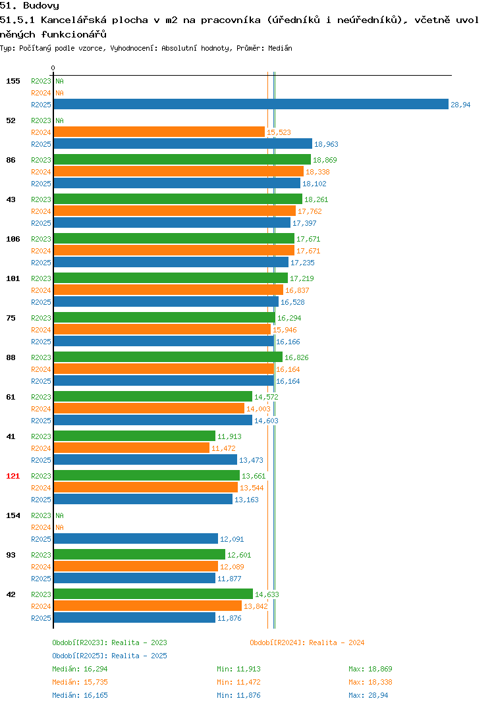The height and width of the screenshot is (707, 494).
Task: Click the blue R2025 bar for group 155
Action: click(x=252, y=104)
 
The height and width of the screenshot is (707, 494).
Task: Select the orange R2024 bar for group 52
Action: click(x=159, y=132)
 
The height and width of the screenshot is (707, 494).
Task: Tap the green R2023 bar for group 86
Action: click(x=182, y=159)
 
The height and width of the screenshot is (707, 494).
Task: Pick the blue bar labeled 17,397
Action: click(x=173, y=223)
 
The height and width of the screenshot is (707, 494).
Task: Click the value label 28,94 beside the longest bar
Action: click(x=460, y=105)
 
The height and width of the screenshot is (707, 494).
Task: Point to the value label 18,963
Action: click(x=326, y=144)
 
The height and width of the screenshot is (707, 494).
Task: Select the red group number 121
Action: click(x=13, y=476)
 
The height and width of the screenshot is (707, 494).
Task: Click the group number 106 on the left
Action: click(x=13, y=239)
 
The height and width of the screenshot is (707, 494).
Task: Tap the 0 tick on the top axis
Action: click(x=53, y=68)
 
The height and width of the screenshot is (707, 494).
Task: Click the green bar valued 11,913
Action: click(x=134, y=436)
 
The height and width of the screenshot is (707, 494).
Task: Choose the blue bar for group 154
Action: click(x=136, y=539)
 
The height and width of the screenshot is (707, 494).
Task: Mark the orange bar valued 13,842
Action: click(x=148, y=606)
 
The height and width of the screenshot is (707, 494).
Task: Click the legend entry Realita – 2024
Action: click(x=307, y=642)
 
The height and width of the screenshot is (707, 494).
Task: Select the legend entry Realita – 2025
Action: click(x=109, y=656)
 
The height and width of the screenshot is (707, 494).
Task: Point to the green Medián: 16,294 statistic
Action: click(x=80, y=669)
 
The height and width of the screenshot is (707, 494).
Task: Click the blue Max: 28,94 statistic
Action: click(x=368, y=695)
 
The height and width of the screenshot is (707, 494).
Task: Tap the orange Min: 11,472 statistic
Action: click(x=238, y=682)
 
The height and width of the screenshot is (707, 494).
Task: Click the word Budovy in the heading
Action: click(x=41, y=6)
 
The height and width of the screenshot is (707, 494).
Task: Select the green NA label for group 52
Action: click(x=59, y=121)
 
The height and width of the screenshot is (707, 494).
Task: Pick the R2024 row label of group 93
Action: click(x=41, y=567)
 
